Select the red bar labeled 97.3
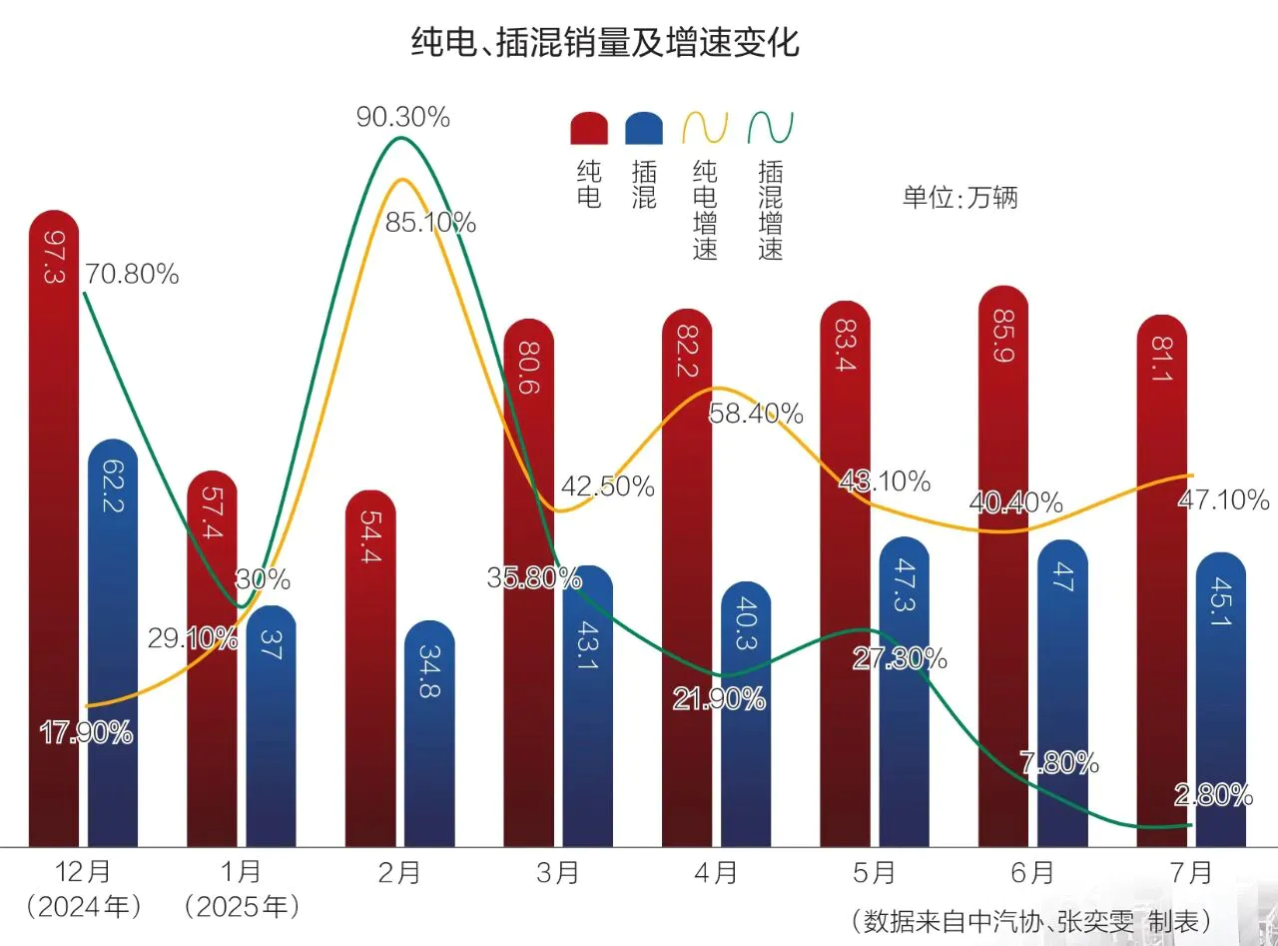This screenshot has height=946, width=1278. coord(55,529)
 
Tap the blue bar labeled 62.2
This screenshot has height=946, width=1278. coord(113,639)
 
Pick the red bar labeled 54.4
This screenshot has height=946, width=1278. coord(370,669)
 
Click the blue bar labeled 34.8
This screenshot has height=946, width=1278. coord(429,734)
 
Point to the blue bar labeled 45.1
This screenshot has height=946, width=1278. coord(1220,699)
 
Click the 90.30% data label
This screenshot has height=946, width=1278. coord(403,118)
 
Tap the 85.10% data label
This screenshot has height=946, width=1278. coord(430,223)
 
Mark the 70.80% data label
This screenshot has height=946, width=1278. coord(132,273)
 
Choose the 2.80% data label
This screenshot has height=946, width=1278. coord(1213,795)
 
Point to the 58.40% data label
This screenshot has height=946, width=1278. coord(756,412)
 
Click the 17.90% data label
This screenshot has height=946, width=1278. coord(86,732)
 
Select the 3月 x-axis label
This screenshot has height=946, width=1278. coord(557,873)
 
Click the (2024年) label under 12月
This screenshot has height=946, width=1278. coord(84,908)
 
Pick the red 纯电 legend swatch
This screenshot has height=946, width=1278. coord(589,128)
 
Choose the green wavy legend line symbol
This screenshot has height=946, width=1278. coord(771,128)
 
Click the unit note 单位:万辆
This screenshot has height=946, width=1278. coord(959,197)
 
